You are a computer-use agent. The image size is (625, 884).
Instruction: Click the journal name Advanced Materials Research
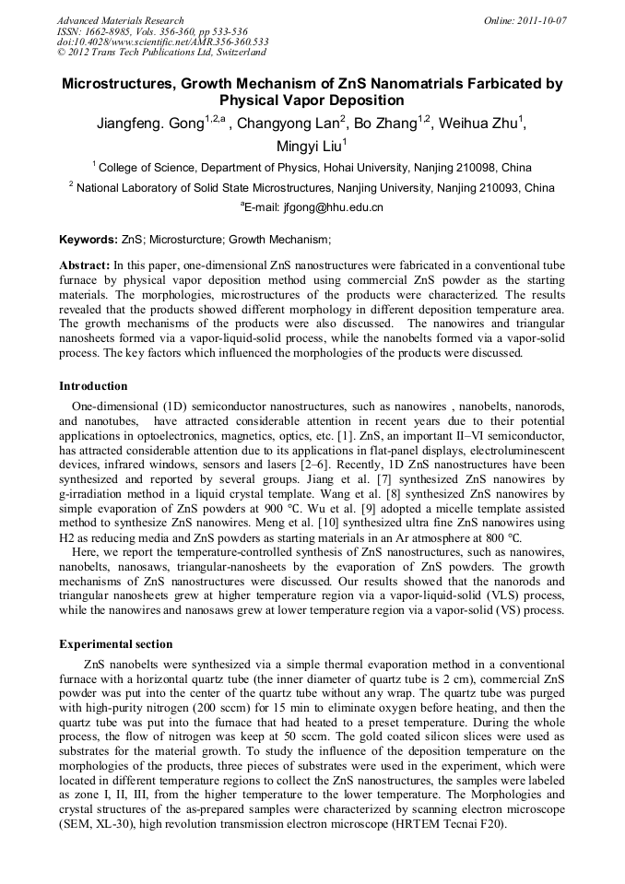tap(120, 20)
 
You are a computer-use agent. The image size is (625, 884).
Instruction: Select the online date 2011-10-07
tap(543, 20)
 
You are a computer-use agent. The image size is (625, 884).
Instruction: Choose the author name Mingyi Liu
tap(310, 146)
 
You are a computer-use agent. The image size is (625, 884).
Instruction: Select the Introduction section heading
tap(93, 385)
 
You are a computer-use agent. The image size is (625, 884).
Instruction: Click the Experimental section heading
tap(115, 643)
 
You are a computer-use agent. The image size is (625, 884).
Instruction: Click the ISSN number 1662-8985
tap(105, 31)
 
